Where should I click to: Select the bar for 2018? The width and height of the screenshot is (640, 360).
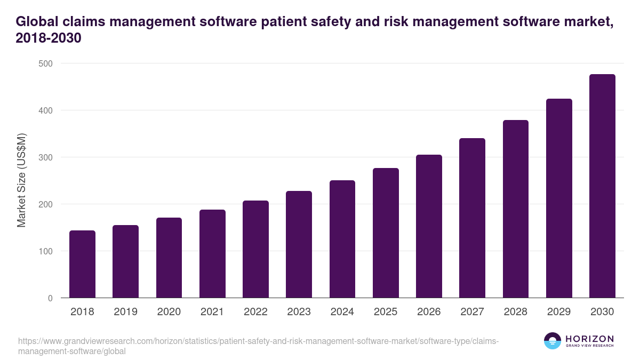[x=82, y=264]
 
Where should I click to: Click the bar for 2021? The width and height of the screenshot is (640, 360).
[x=212, y=254]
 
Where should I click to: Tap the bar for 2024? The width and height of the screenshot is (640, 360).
[x=342, y=239]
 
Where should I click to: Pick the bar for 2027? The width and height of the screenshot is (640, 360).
[x=472, y=218]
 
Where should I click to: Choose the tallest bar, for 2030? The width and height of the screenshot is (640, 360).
[x=602, y=186]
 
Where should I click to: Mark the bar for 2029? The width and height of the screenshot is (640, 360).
[x=559, y=198]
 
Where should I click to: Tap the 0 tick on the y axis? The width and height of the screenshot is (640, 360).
[x=50, y=298]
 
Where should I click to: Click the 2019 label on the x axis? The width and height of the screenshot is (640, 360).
[x=125, y=312]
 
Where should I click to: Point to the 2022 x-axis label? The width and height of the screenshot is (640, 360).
[x=255, y=312]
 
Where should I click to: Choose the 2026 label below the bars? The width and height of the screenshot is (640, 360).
[x=429, y=312]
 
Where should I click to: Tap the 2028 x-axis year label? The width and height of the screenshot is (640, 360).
[x=516, y=312]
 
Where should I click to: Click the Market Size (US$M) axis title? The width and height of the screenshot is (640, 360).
[x=21, y=181]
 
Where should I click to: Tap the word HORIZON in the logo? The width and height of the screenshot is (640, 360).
[x=589, y=339]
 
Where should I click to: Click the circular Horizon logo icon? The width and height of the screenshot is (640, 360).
[x=553, y=341]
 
